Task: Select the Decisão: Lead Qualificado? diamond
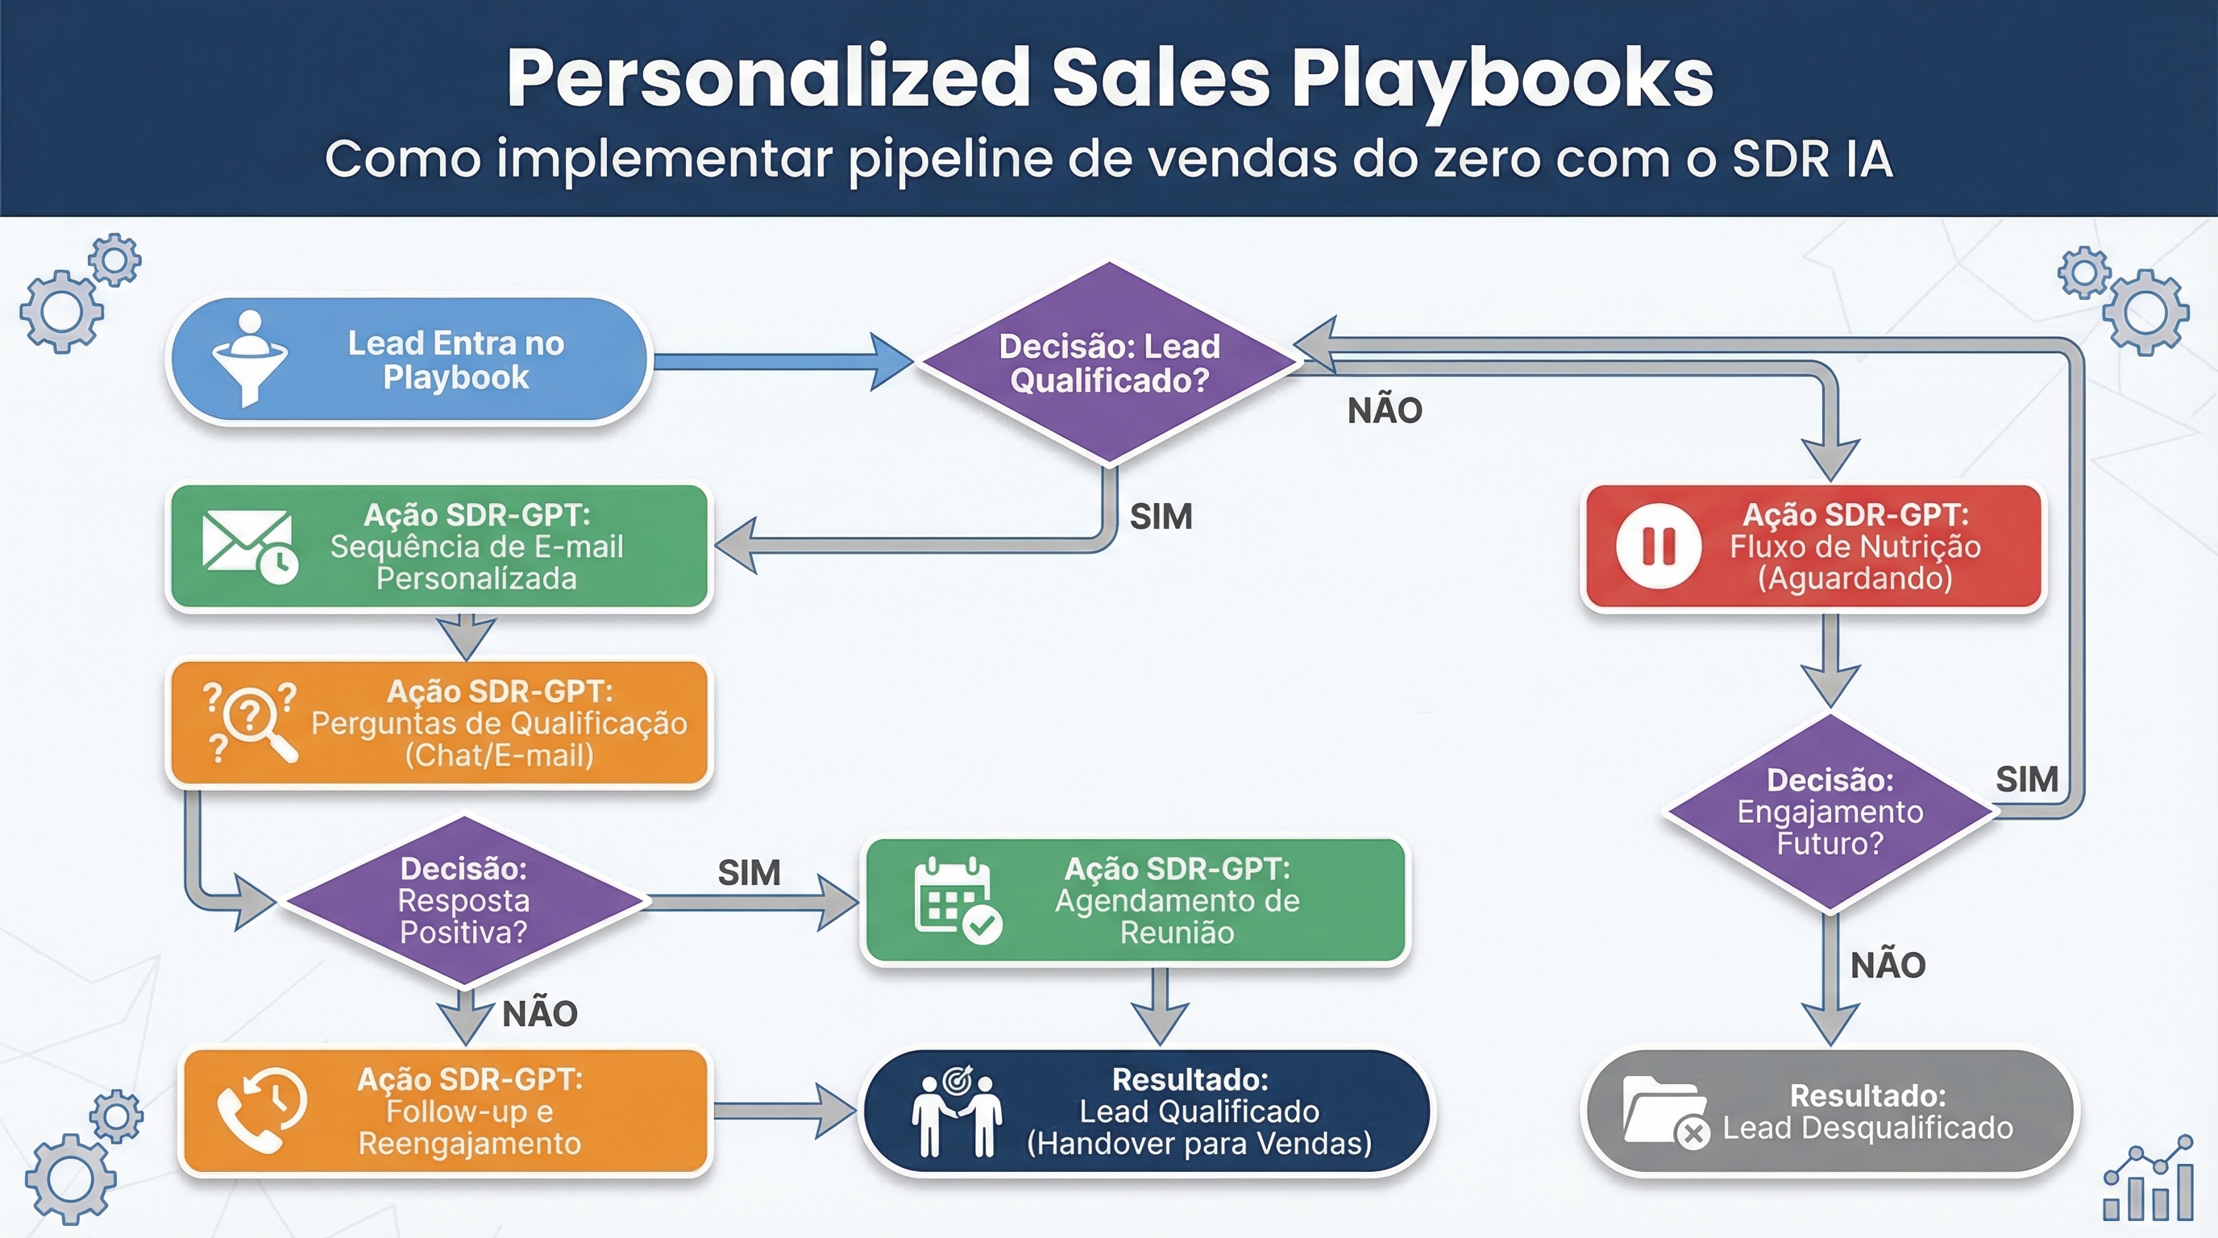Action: click(x=1109, y=364)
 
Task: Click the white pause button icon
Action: click(x=1659, y=546)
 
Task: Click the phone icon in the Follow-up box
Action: click(x=262, y=1110)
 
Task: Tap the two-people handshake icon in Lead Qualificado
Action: click(x=957, y=1111)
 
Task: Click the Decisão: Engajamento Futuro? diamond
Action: click(x=1830, y=812)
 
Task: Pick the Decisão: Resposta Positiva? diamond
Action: click(x=464, y=900)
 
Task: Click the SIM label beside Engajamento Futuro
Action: click(x=2027, y=779)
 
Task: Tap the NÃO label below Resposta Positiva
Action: click(x=540, y=1014)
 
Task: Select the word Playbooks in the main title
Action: click(x=1502, y=79)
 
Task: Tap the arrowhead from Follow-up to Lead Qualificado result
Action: click(x=835, y=1111)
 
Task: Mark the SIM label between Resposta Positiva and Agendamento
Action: click(x=749, y=873)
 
